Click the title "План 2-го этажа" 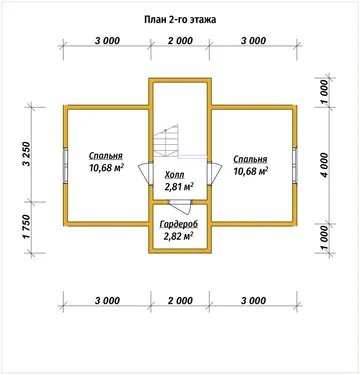pyautogui.click(x=180, y=20)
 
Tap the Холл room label pyautogui.click(x=174, y=175)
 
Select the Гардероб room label pyautogui.click(x=179, y=224)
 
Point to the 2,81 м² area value pyautogui.click(x=179, y=186)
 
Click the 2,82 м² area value pyautogui.click(x=179, y=236)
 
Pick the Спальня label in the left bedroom pyautogui.click(x=106, y=156)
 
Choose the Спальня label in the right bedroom pyautogui.click(x=250, y=159)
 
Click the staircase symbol pyautogui.click(x=166, y=143)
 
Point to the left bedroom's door pyautogui.click(x=145, y=173)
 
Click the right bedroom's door pyautogui.click(x=214, y=173)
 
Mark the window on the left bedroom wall pyautogui.click(x=66, y=165)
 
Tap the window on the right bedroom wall pyautogui.click(x=295, y=165)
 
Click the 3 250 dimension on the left pyautogui.click(x=27, y=155)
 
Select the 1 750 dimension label pyautogui.click(x=27, y=227)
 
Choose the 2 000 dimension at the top pyautogui.click(x=180, y=41)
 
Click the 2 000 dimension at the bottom pyautogui.click(x=180, y=301)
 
